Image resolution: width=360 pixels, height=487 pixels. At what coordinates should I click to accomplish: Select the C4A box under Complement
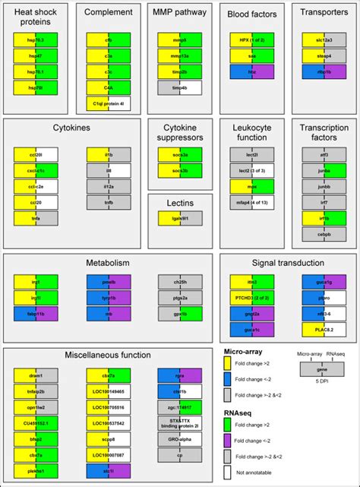pos(109,87)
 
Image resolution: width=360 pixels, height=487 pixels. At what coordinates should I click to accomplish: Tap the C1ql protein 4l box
pos(109,104)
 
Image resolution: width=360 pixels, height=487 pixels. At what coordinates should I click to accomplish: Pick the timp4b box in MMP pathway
pos(181,87)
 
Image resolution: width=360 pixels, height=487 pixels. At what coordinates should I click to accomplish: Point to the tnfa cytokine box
pos(36,219)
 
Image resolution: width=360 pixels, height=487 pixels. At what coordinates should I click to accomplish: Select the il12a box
pos(109,186)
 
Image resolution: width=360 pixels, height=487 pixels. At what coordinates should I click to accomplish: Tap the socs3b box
pos(181,170)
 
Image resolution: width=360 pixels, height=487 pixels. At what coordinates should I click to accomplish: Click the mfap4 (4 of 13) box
pos(252,202)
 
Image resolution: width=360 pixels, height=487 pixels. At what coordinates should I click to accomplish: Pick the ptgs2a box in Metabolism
pos(181,297)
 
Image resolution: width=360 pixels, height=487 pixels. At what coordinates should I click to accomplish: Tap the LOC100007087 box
pos(109,454)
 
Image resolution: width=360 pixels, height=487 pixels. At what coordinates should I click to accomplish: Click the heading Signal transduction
pos(288,263)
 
